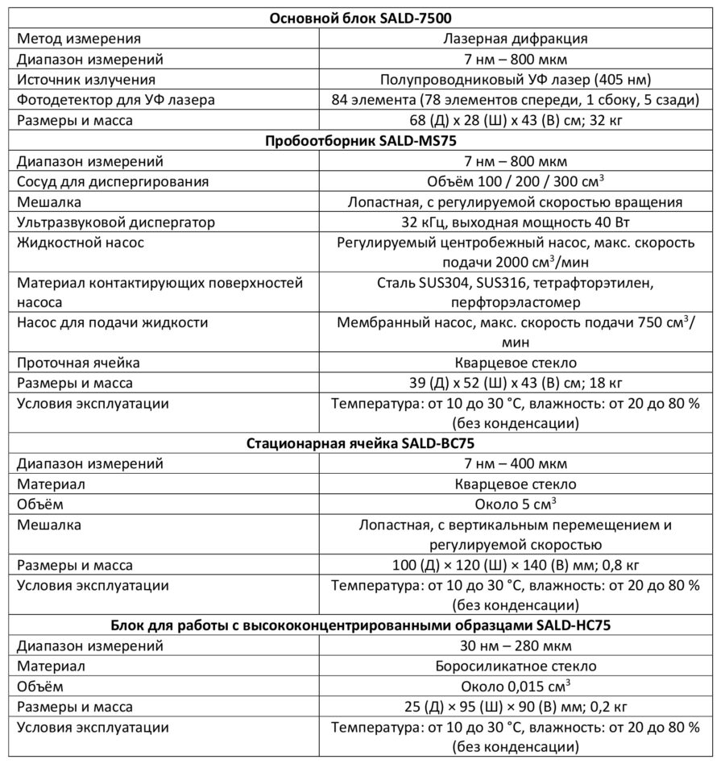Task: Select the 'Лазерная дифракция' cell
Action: point(515,38)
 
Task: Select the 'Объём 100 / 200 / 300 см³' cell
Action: point(515,181)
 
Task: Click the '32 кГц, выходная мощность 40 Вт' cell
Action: point(515,222)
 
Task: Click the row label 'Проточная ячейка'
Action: point(79,362)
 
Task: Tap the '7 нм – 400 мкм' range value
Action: point(515,463)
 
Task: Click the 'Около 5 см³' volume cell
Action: point(515,504)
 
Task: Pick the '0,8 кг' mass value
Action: point(615,565)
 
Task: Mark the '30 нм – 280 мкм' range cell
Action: point(515,646)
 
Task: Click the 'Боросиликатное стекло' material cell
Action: point(515,666)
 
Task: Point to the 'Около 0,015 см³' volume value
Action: point(515,687)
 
